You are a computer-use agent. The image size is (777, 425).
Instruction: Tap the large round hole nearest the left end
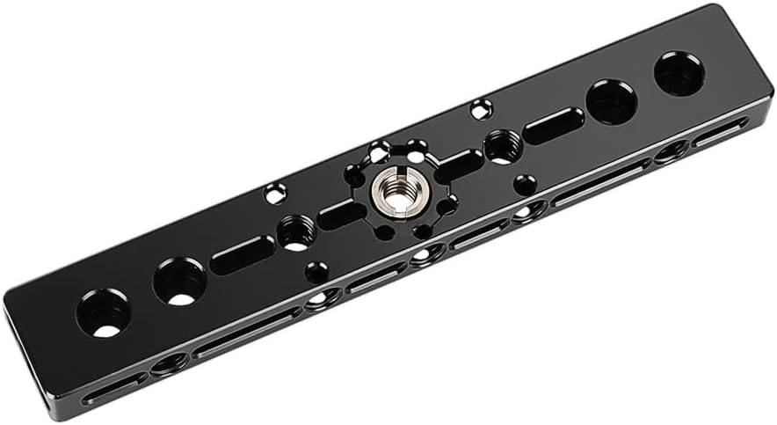coord(103,313)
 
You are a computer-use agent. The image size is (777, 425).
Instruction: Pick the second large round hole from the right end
coord(612,102)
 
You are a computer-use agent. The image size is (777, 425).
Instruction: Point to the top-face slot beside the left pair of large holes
coord(243,254)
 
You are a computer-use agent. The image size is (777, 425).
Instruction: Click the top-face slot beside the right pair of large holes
coord(554,126)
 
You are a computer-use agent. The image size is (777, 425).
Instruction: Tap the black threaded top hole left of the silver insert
coord(296,232)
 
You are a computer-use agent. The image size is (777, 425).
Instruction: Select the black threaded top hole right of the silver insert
coord(503,146)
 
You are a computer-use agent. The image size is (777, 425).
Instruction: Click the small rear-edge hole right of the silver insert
coord(481,110)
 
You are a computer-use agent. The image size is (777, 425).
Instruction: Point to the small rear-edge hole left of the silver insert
coord(276,192)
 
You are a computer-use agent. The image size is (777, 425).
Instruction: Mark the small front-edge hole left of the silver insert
coord(316,272)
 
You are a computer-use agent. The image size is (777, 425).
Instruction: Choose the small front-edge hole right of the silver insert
coord(525,185)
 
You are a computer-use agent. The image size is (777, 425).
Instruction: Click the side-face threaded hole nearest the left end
coord(169,363)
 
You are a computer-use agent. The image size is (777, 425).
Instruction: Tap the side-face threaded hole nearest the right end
coord(672,152)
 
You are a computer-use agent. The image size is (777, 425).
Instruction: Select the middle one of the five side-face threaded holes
coord(427,255)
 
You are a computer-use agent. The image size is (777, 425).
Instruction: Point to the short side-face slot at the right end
coord(721,133)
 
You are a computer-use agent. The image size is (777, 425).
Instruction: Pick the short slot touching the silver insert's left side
coord(341,214)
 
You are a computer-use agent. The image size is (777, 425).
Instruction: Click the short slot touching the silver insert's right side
coord(458,165)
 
